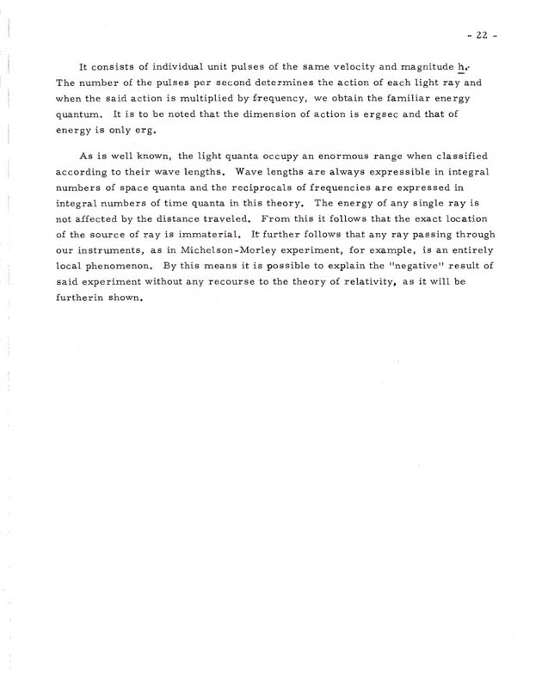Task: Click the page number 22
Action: pos(475,34)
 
